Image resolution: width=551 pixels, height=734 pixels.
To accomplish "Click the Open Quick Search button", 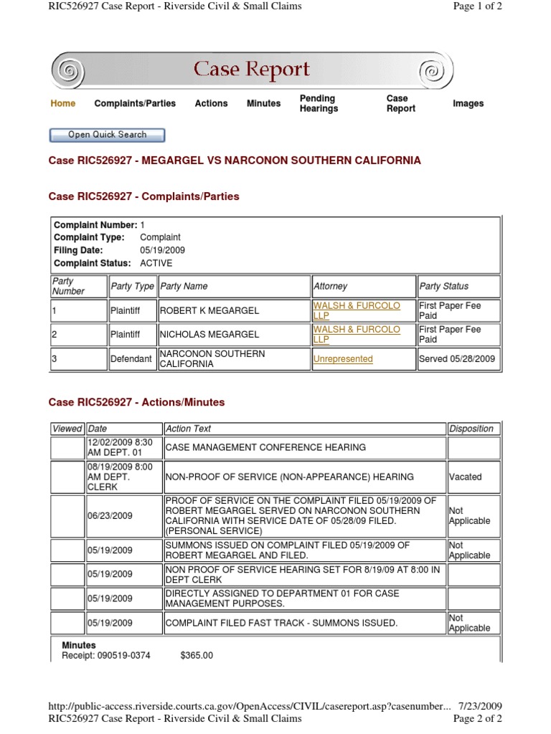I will click(x=107, y=135).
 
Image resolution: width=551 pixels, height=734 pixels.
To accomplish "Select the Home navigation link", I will click(x=63, y=103).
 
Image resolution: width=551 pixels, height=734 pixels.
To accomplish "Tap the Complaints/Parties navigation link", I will click(x=135, y=103).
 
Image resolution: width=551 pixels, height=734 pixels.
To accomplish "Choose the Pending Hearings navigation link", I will click(x=319, y=103).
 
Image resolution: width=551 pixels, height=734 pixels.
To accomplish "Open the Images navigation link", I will click(x=468, y=103).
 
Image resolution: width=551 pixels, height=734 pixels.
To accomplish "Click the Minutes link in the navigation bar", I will click(x=263, y=103).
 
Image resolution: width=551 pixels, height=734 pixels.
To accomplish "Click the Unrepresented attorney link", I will click(x=343, y=359).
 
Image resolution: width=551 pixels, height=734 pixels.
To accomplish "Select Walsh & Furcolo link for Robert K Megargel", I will click(x=357, y=310).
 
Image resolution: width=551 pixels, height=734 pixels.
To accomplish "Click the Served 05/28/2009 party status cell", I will click(x=457, y=359).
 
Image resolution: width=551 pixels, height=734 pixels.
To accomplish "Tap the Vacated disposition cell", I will click(x=465, y=477).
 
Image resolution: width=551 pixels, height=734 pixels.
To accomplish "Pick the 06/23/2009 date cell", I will click(x=110, y=516).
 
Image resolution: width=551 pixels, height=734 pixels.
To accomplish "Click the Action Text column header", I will click(x=188, y=429).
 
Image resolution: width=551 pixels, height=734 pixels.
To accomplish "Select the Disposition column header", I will click(x=471, y=429).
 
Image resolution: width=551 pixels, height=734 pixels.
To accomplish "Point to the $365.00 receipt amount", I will click(x=197, y=655).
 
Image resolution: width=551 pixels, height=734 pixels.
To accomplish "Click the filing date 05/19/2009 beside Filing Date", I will click(x=162, y=250).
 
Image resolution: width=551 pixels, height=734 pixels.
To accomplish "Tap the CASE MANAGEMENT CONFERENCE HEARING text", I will click(x=265, y=447).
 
